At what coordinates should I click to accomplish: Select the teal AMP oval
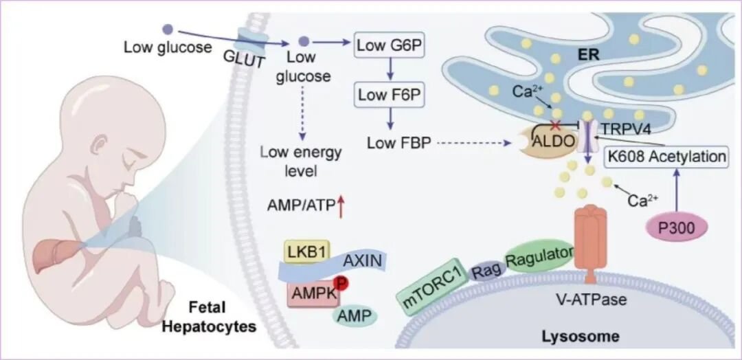click(x=355, y=315)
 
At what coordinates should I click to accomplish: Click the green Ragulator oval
click(x=539, y=256)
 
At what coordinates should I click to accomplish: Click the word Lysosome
click(x=580, y=337)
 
